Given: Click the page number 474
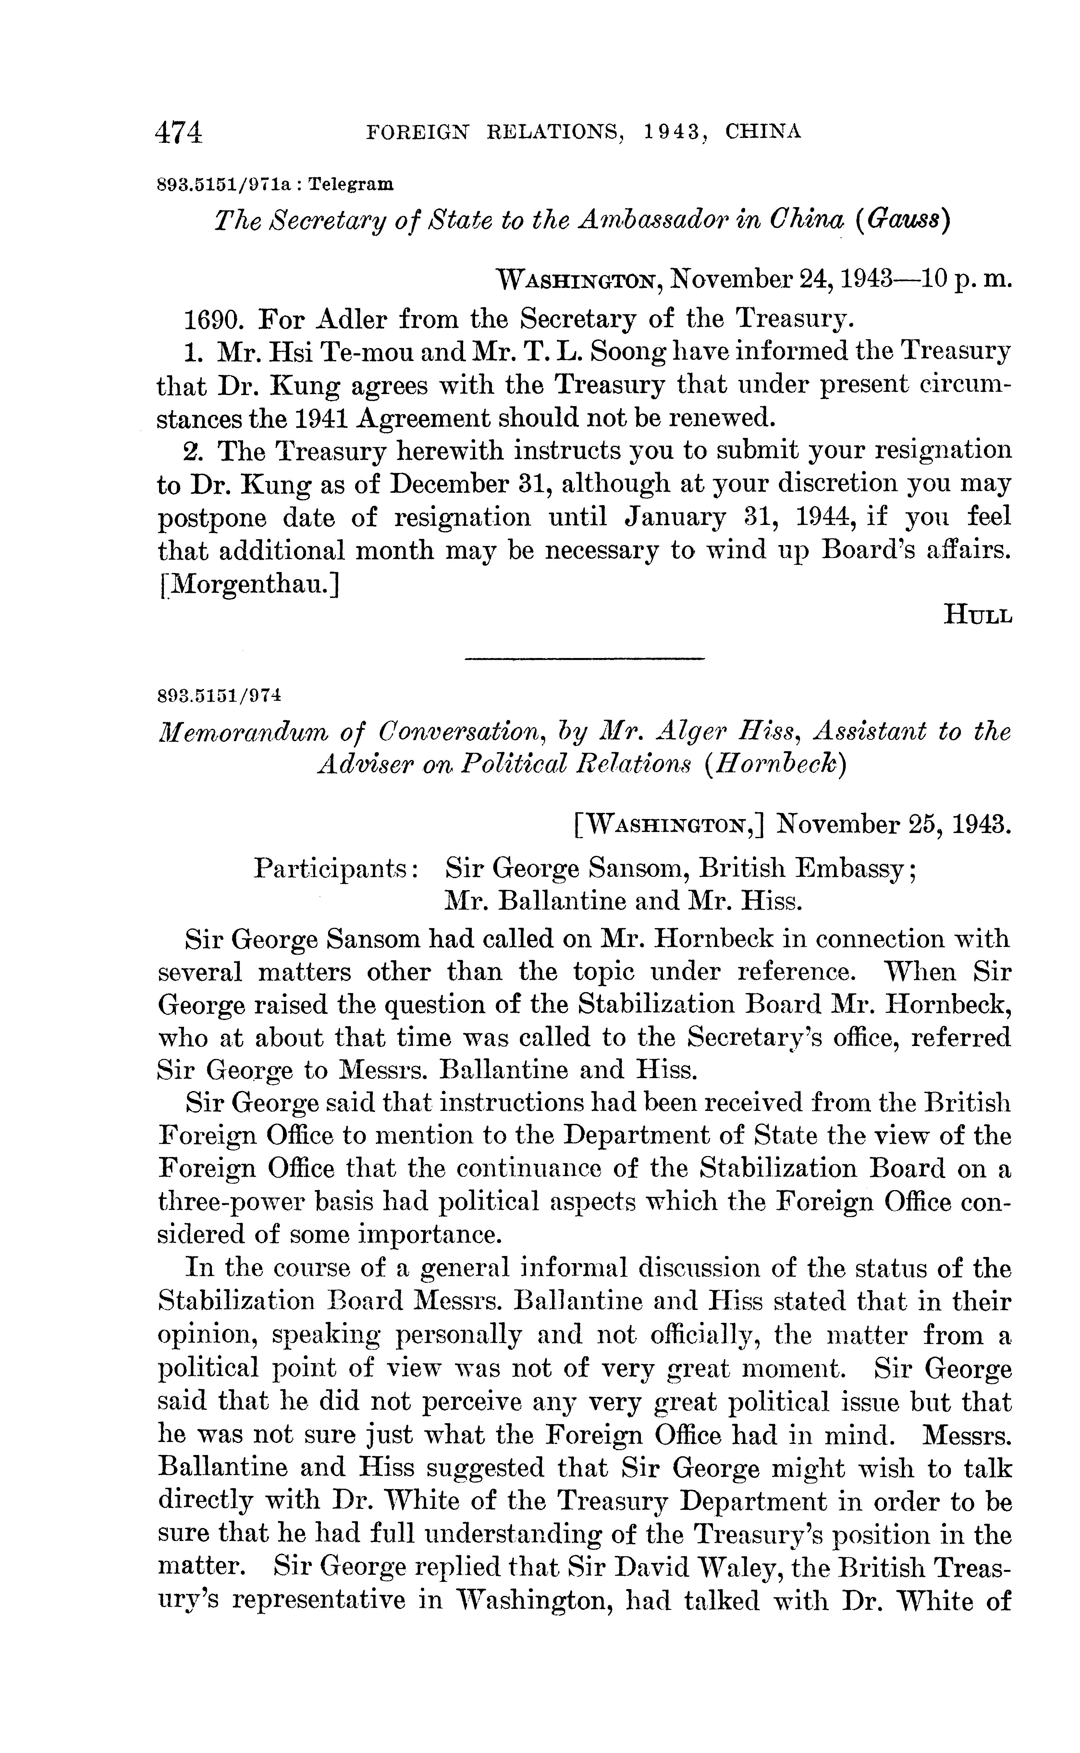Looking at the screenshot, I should click(x=179, y=133).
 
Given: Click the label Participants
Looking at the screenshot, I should click(x=336, y=869).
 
